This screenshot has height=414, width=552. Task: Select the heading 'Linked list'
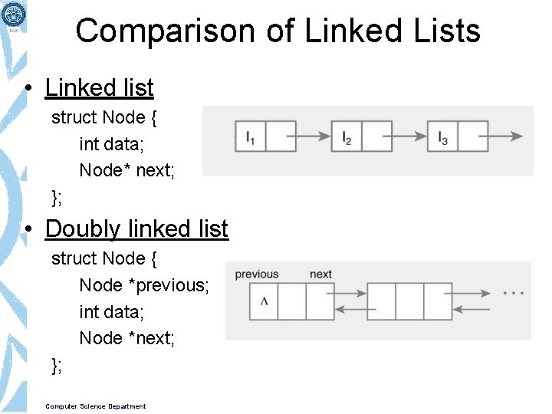pos(100,88)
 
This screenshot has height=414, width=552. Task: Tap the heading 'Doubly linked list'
pos(136,228)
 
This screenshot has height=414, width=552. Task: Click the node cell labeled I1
pos(251,136)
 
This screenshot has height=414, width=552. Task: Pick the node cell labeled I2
pos(347,136)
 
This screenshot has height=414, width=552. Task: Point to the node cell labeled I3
pos(442,136)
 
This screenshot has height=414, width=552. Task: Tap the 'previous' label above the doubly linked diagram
pos(257,274)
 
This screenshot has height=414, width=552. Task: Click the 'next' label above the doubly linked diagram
pos(320,274)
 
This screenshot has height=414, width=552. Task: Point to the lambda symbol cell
pos(264,301)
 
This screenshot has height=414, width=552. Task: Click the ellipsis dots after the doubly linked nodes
pos(514,293)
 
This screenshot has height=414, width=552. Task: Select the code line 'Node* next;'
pos(127,170)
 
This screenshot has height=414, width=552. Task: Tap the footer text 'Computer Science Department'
pos(96,406)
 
